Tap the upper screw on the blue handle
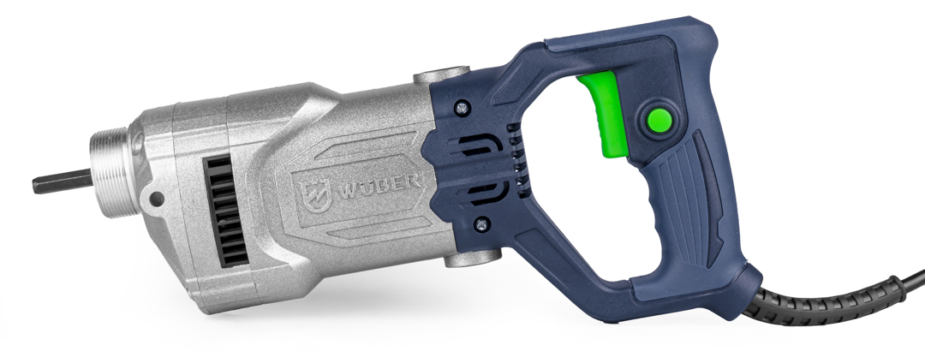tap(462, 108)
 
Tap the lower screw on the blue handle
tap(482, 224)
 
